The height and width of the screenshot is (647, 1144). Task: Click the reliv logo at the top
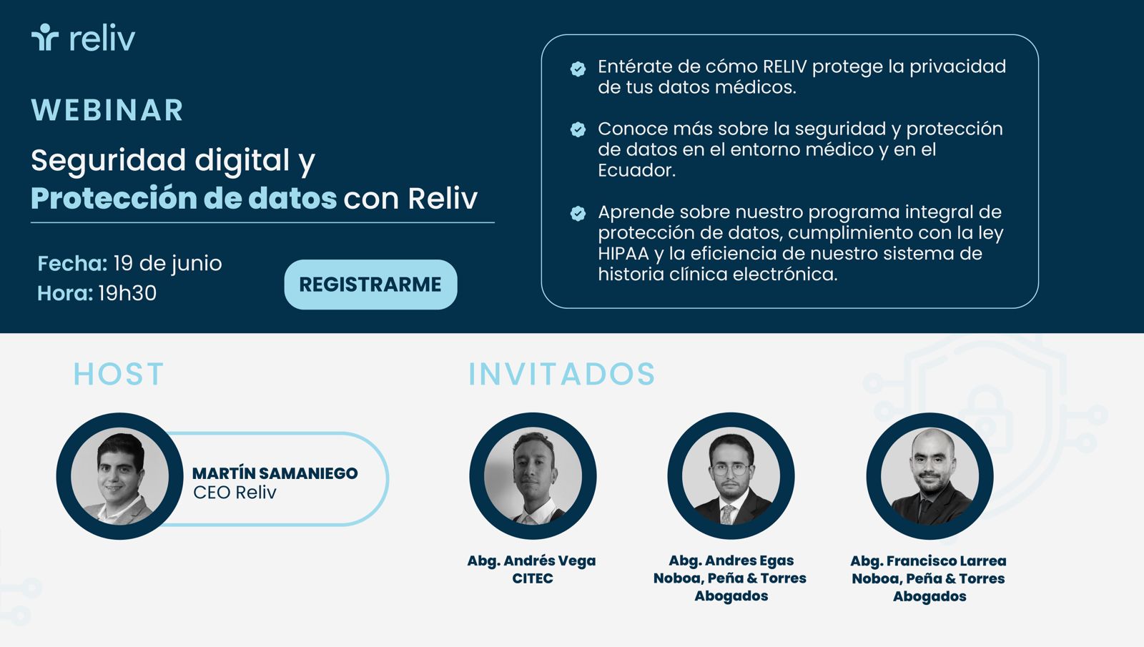(84, 38)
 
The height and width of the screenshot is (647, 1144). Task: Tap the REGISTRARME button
(370, 285)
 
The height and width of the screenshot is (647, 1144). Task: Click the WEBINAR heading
(107, 111)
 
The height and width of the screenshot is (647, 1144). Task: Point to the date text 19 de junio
(167, 264)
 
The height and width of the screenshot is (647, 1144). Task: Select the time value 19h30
(127, 293)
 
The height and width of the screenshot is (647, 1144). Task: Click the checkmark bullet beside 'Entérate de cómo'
(578, 69)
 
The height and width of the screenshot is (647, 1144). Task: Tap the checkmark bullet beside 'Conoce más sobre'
(578, 129)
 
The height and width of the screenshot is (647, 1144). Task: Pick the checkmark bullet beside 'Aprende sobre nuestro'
(578, 213)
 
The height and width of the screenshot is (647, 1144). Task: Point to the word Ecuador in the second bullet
(636, 170)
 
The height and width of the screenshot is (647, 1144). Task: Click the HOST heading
(119, 374)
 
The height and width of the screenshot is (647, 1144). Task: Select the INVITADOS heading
(561, 374)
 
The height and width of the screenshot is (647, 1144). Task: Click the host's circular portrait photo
(120, 476)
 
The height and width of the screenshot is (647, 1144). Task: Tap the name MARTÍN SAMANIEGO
(275, 473)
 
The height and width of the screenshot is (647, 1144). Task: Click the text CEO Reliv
(235, 493)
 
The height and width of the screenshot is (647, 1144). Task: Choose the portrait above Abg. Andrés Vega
(533, 476)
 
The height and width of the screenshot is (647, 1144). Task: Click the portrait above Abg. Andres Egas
(731, 476)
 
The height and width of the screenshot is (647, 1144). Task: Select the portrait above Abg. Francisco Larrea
(929, 476)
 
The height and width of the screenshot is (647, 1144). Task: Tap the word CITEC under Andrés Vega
(532, 578)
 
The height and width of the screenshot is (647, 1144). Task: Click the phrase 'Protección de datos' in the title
(184, 198)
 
